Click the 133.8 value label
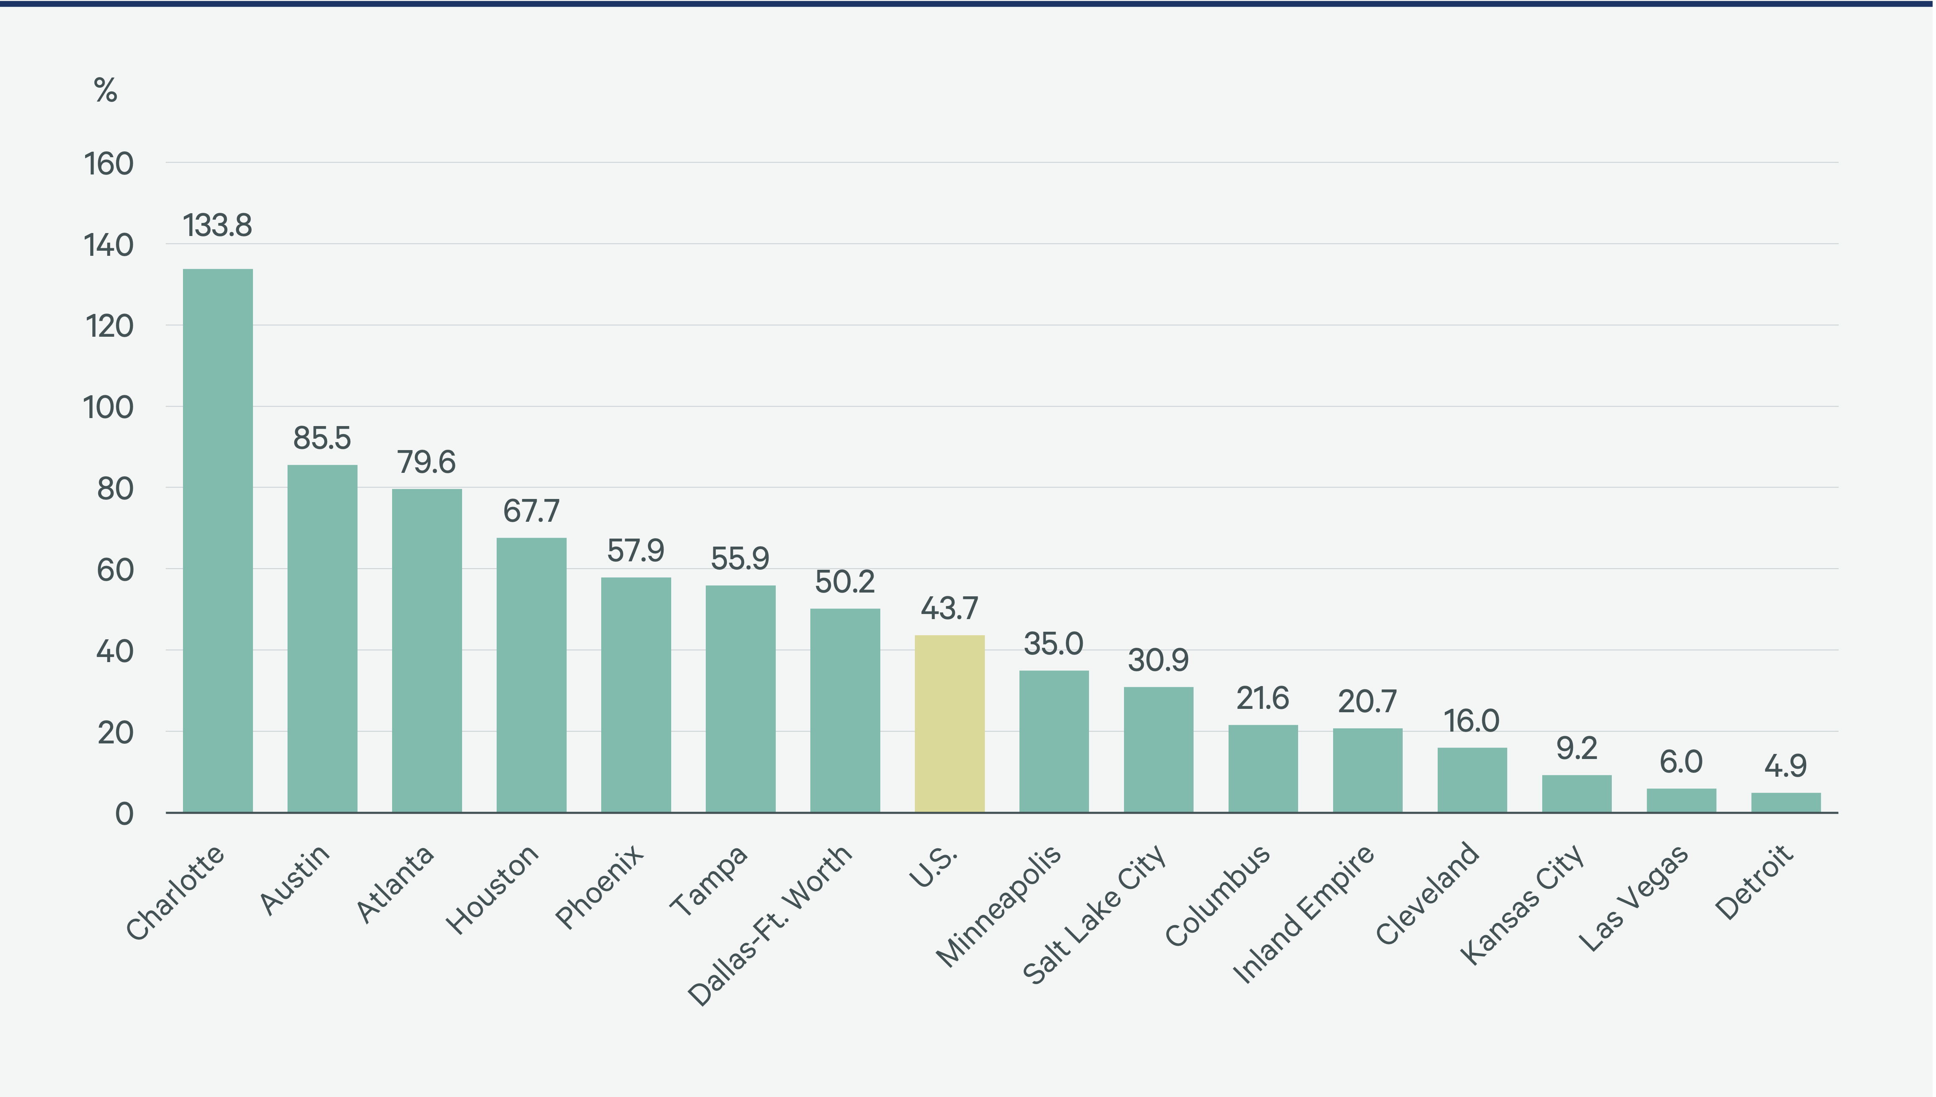click(x=218, y=225)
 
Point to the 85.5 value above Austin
click(x=322, y=438)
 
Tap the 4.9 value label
click(x=1785, y=766)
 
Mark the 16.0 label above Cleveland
click(x=1472, y=721)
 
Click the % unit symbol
click(x=105, y=91)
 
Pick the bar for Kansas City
click(x=1576, y=794)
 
